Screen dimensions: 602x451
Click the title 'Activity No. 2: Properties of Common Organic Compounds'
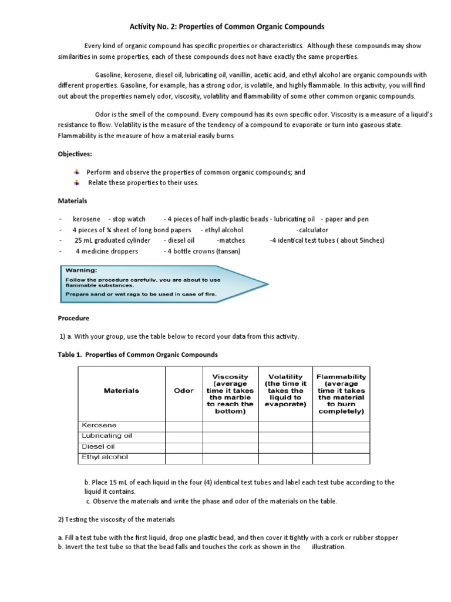tap(226, 27)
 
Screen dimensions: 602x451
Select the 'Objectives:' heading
tap(75, 154)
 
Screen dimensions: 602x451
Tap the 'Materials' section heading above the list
tap(72, 200)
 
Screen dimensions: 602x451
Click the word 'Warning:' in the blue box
tap(82, 270)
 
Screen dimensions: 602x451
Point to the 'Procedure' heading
tap(73, 318)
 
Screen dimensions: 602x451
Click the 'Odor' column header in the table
tap(184, 390)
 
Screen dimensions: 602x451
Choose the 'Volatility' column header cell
tap(285, 390)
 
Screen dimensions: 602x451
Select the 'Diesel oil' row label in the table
tap(98, 446)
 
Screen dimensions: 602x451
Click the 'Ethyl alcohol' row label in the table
tap(104, 457)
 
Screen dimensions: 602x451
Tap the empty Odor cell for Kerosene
tap(184, 425)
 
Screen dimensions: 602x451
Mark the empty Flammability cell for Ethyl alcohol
tap(341, 457)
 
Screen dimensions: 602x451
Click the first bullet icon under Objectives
tap(76, 172)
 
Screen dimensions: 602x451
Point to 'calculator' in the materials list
tap(312, 230)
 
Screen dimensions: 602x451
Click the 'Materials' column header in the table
tap(122, 390)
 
